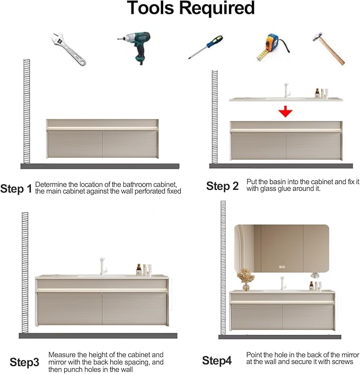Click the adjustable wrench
pos(68,49)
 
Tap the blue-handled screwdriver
pos(206,47)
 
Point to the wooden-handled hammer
pos(329,49)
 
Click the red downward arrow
pos(285,111)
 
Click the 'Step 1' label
pos(16,189)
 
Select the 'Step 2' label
pos(223,186)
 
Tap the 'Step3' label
pos(24,362)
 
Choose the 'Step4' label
pos(217,360)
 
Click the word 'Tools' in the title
pos(151,8)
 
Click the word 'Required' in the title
pos(217,8)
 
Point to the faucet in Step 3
pos(103,266)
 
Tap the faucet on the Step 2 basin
pos(287,90)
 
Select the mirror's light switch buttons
pos(282,267)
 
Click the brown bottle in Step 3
pos(139,269)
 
